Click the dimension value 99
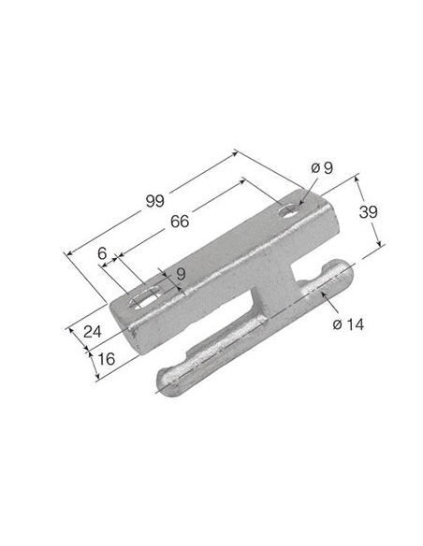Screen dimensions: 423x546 point(155,201)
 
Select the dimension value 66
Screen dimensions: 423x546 point(180,222)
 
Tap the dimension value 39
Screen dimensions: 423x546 point(369,212)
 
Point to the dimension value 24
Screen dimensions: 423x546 point(93,332)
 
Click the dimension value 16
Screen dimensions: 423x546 point(107,359)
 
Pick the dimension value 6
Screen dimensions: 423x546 point(102,253)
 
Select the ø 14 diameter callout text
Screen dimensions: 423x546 point(348,324)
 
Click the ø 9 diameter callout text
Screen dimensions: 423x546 point(322,168)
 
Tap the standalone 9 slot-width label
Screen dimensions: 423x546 point(181,274)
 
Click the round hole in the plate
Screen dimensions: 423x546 point(289,210)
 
